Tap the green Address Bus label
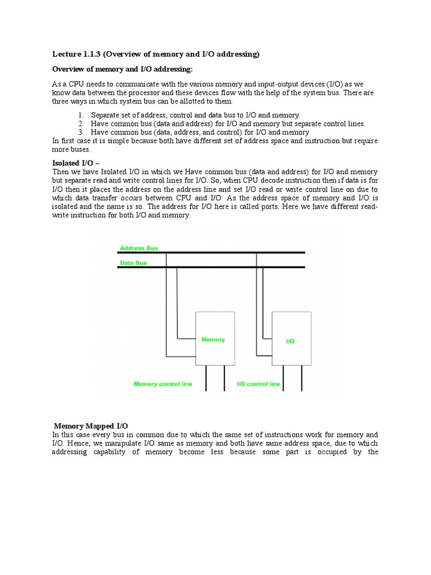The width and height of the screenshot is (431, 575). click(x=139, y=248)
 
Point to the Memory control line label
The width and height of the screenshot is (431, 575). click(x=163, y=384)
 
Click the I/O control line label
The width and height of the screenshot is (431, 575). click(x=258, y=384)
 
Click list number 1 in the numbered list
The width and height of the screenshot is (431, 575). click(x=80, y=115)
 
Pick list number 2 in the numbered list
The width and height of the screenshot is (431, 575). click(x=80, y=124)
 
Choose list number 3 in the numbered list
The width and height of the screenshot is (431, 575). click(x=80, y=132)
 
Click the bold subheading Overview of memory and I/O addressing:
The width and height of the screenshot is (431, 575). click(x=122, y=69)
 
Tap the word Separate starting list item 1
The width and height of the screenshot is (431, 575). click(x=106, y=115)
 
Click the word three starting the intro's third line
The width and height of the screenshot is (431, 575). click(x=61, y=101)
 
